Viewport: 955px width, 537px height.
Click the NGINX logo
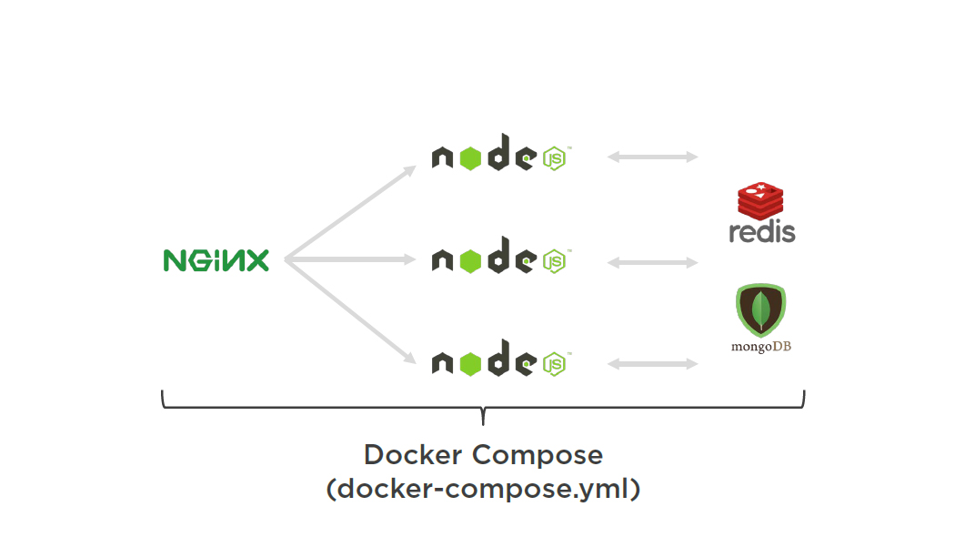coord(216,260)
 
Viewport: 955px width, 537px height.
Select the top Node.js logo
coord(499,157)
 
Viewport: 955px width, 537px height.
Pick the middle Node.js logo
coord(499,260)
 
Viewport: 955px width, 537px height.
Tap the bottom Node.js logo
coord(499,363)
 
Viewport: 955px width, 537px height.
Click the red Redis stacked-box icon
coord(760,201)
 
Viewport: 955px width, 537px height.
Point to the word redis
coord(762,231)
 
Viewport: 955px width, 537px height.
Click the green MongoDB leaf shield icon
coord(760,309)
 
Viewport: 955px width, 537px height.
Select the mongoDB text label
coord(760,347)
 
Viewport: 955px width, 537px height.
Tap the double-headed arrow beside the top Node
coord(652,157)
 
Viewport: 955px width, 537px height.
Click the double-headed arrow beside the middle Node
coord(652,262)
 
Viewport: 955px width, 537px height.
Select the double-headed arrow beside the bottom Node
coord(652,364)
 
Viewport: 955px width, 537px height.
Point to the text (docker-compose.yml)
coord(483,489)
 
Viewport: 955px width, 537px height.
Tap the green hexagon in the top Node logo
coord(469,158)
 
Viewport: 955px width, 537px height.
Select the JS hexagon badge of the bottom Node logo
coord(554,364)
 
